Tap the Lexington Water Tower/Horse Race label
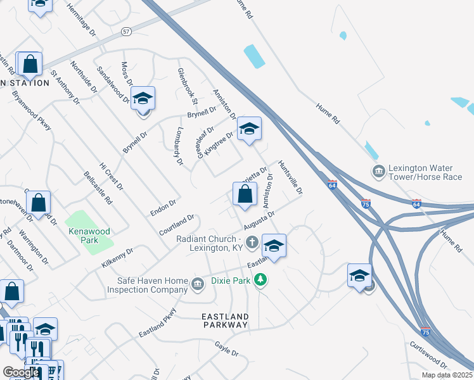[426, 172]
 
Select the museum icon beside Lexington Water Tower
[378, 171]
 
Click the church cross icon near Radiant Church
[252, 241]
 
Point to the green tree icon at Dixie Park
[260, 279]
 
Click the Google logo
[21, 372]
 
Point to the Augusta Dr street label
[260, 223]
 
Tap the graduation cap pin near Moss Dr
[143, 99]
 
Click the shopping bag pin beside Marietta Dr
[245, 195]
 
